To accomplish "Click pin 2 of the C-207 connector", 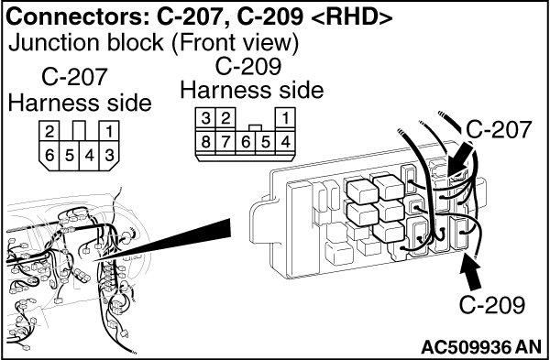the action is [x=49, y=131].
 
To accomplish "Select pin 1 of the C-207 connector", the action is [x=109, y=131].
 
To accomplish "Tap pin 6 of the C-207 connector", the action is [x=49, y=156].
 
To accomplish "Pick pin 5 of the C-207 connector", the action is [x=70, y=156].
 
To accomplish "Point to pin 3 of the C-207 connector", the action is [x=109, y=156].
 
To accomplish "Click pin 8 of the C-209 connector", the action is [x=205, y=142].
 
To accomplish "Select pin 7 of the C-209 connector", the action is [x=225, y=142].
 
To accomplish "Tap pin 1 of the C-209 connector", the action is [x=285, y=118].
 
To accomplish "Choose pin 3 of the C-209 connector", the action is [x=205, y=118].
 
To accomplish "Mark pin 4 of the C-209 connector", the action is [x=285, y=142].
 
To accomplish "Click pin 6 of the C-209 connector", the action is [x=246, y=142].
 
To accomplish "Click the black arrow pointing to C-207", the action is [x=460, y=159].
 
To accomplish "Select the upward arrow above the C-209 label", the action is [x=472, y=272].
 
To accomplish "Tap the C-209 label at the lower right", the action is [x=491, y=305].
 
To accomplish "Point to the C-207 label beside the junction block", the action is [x=499, y=129].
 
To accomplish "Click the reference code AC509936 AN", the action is [x=481, y=347].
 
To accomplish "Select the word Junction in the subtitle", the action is [x=50, y=43].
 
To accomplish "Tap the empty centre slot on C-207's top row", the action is [x=79, y=131].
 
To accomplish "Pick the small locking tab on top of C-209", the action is [x=256, y=127].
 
